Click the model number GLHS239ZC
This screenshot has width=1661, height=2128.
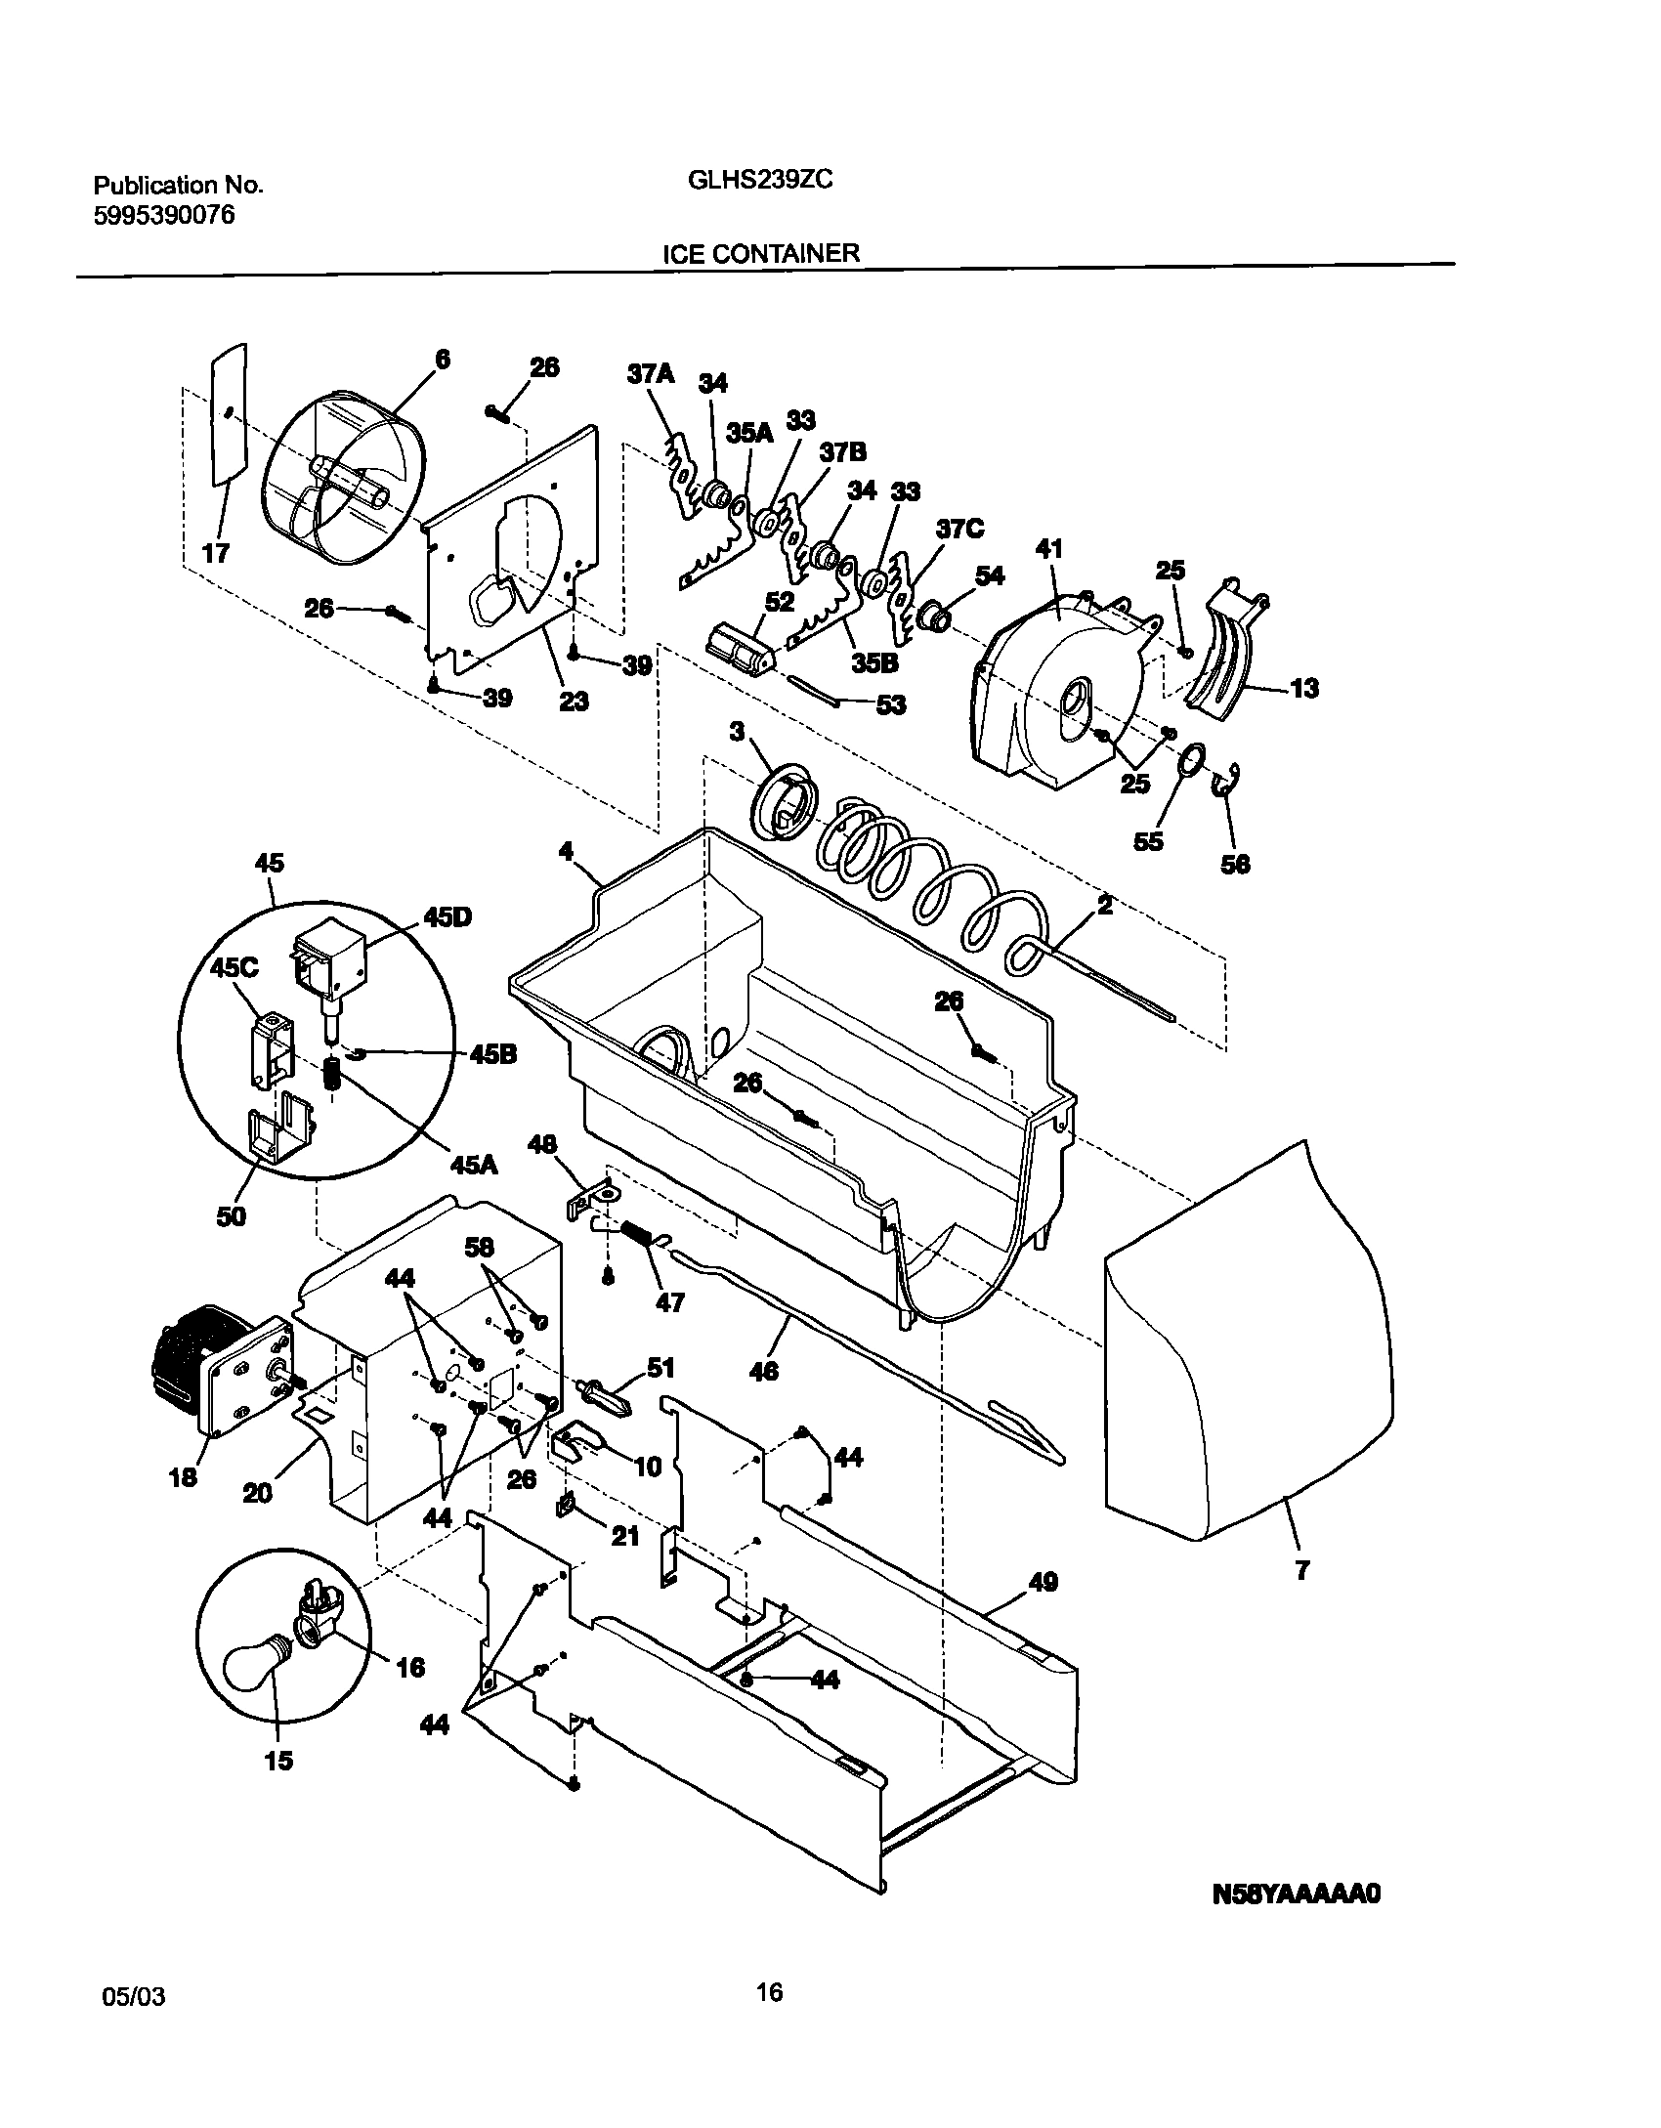[x=753, y=181]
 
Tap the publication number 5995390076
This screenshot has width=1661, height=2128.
[x=164, y=216]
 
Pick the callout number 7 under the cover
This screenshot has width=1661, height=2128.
[x=1302, y=1571]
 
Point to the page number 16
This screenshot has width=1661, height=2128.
[x=770, y=1991]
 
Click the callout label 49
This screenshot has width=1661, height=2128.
[x=1043, y=1582]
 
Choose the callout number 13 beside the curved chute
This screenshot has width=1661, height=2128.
[x=1305, y=688]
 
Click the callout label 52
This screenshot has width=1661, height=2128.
[x=780, y=603]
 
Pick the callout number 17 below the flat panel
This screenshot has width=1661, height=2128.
[x=215, y=553]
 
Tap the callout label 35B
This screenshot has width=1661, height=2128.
[x=873, y=662]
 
